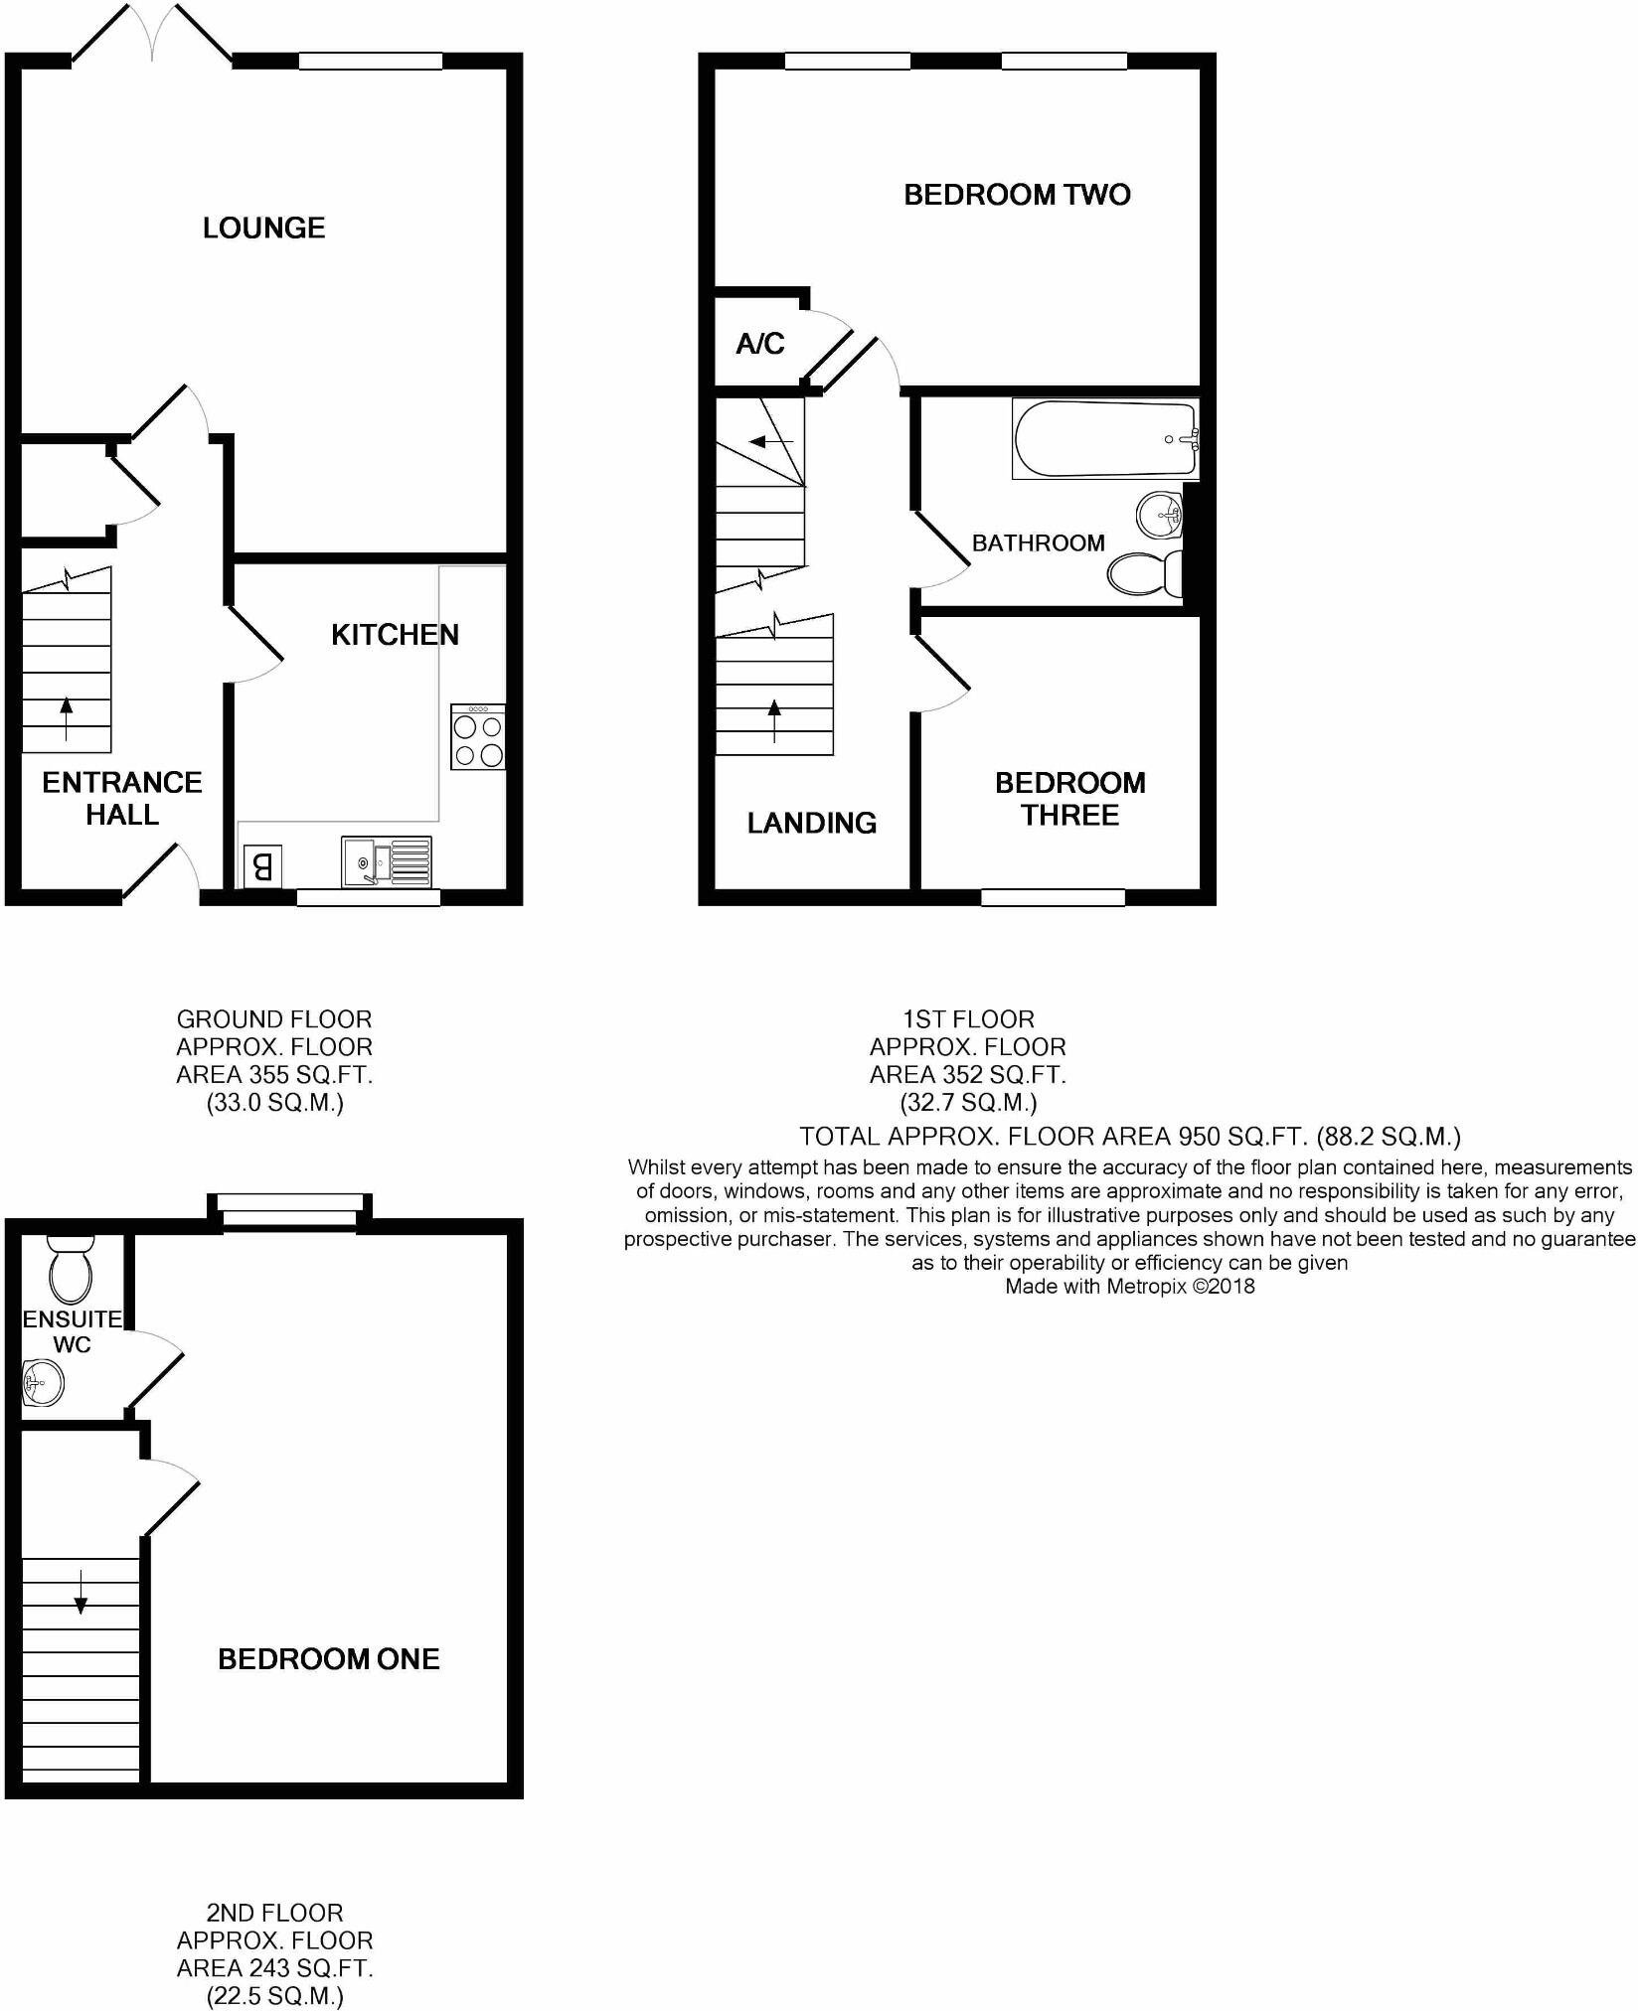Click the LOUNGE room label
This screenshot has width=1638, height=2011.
click(x=263, y=229)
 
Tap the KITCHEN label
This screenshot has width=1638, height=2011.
click(x=395, y=635)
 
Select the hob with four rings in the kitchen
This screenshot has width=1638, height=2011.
click(x=478, y=737)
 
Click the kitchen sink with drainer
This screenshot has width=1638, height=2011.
click(x=387, y=860)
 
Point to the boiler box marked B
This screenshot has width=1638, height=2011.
click(x=262, y=866)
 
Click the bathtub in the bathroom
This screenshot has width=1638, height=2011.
click(x=1104, y=438)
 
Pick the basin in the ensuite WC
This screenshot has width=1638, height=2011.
click(x=43, y=1382)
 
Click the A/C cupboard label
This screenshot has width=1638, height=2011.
click(x=760, y=344)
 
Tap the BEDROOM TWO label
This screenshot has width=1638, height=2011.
click(x=1017, y=195)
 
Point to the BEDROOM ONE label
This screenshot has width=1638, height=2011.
click(x=328, y=1658)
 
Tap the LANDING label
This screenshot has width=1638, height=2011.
click(x=811, y=823)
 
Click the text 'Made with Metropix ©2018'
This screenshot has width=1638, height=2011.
click(x=1129, y=1287)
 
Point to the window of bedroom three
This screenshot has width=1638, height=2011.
click(x=1053, y=897)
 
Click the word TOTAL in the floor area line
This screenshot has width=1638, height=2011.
click(x=839, y=1137)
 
